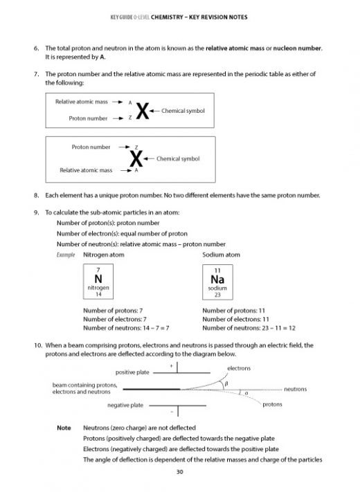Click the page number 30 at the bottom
(179, 473)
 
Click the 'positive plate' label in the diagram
(132, 372)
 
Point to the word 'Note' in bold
(63, 428)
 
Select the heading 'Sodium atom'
(221, 255)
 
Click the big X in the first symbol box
(143, 111)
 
